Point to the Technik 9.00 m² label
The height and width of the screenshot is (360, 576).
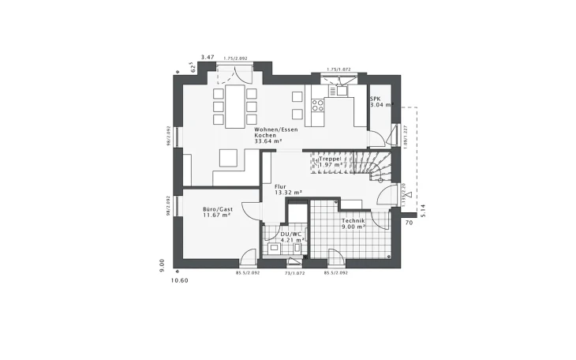[352, 224]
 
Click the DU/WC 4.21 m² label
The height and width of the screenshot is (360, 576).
[291, 237]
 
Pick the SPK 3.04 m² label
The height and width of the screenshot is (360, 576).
[379, 102]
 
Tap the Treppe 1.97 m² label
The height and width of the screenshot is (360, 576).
[330, 162]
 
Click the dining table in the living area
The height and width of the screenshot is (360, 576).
[235, 106]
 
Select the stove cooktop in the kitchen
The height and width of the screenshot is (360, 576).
[320, 103]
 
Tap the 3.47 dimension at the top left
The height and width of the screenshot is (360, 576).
[208, 58]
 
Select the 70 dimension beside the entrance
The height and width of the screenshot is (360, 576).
[410, 223]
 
